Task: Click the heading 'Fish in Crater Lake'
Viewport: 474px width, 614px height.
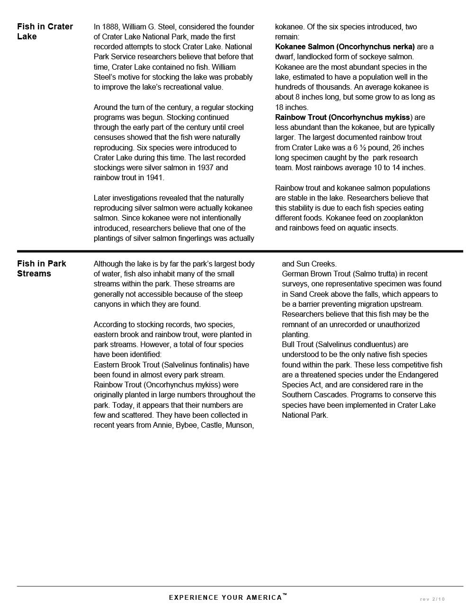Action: coord(45,31)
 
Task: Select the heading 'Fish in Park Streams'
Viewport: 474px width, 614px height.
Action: coord(42,268)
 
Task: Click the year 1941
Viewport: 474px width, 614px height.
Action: coord(154,178)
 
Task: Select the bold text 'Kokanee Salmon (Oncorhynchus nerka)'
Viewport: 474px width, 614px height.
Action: coord(345,46)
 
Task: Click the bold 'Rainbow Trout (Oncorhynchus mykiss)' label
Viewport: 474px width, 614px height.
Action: coord(343,117)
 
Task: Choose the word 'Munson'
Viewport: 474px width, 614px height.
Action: coord(239,425)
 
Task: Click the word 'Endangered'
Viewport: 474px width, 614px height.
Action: coord(415,375)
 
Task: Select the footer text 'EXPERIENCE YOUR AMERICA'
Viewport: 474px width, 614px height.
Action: coord(226,597)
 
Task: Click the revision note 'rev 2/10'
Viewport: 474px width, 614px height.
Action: coord(432,599)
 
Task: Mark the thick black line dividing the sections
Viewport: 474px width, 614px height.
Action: coord(240,251)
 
